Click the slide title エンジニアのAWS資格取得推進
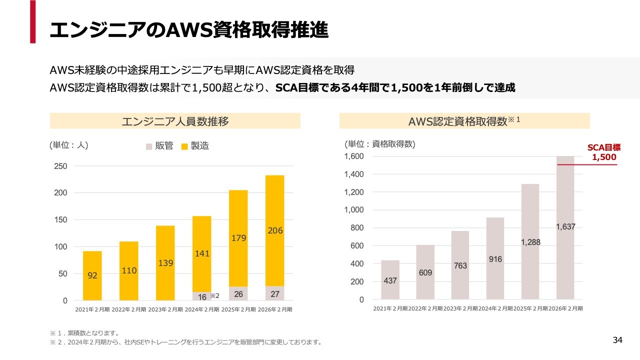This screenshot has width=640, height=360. (x=189, y=30)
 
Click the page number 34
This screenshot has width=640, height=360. (x=617, y=340)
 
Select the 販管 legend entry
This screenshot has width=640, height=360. (x=159, y=146)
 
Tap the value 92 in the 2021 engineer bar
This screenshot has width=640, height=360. (x=92, y=275)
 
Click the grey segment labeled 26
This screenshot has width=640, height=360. (x=238, y=294)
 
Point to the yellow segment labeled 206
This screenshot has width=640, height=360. (x=275, y=230)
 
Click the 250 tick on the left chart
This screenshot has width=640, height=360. (x=61, y=166)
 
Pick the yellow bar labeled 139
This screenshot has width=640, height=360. (x=165, y=263)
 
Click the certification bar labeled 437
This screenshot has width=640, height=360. (x=390, y=280)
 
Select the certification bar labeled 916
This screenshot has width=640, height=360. (x=495, y=259)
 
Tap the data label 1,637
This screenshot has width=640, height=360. (x=565, y=227)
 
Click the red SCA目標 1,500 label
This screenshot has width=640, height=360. (x=603, y=152)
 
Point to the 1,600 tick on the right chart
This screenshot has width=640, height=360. (x=354, y=156)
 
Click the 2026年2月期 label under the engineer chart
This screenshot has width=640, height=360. (x=275, y=309)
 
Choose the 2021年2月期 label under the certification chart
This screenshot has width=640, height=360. (x=390, y=308)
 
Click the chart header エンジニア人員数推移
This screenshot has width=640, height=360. (x=175, y=121)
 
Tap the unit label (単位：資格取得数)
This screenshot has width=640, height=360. (x=380, y=144)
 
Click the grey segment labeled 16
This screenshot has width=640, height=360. (x=202, y=296)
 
